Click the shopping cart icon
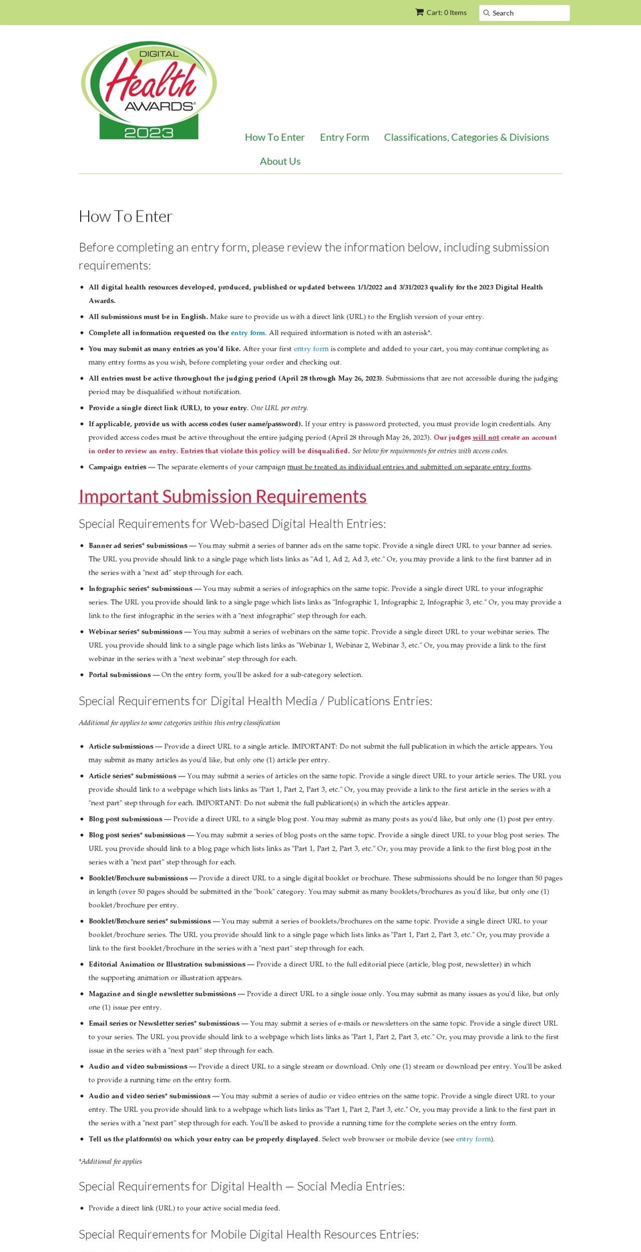click(419, 12)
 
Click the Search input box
click(527, 13)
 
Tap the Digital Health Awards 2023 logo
click(149, 90)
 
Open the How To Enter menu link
click(274, 137)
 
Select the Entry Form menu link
click(344, 137)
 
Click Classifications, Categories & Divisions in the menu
click(466, 137)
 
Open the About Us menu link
click(280, 161)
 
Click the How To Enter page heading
click(126, 216)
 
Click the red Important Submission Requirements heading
click(222, 496)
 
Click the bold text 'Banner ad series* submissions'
click(138, 546)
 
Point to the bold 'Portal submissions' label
click(120, 674)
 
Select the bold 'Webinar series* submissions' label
click(135, 632)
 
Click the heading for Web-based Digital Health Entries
click(232, 524)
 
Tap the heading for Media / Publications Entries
click(255, 700)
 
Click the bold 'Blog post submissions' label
click(126, 819)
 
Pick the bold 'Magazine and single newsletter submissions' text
click(162, 994)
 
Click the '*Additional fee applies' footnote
click(110, 1161)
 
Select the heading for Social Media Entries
click(241, 1186)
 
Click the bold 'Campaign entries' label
click(118, 467)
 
